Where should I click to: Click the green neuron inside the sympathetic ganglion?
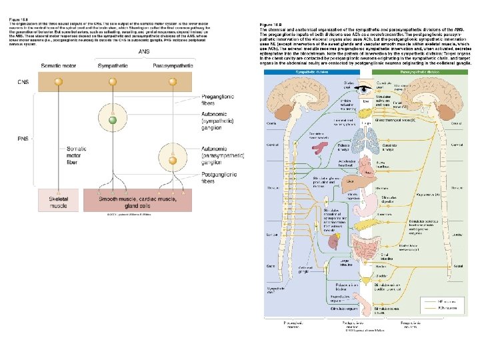pos(113,119)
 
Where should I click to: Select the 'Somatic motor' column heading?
pos(59,67)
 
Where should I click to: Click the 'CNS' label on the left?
pos(23,82)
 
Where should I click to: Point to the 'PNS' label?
pos(23,139)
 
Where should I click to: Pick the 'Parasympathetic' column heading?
pos(173,67)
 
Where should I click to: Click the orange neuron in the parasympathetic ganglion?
pos(173,159)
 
